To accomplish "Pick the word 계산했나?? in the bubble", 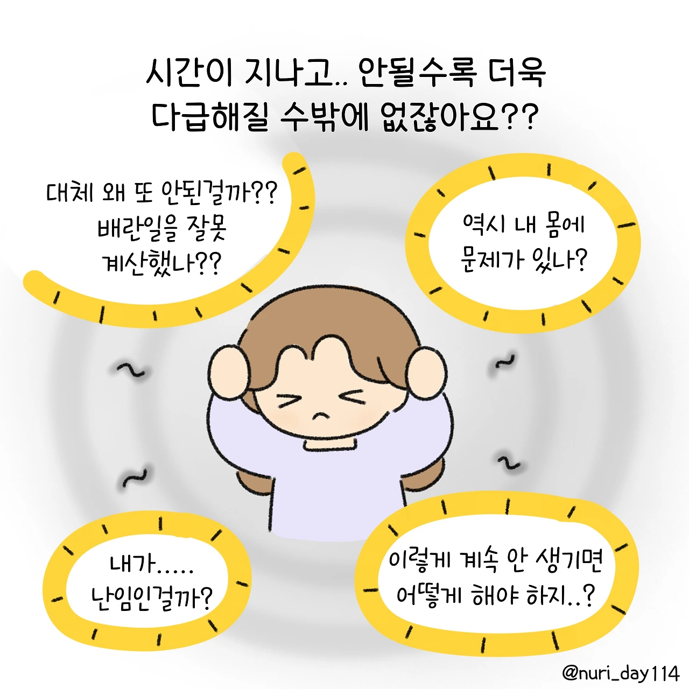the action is [161, 264].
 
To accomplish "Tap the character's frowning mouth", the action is [321, 416].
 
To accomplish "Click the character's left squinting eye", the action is [289, 401].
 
